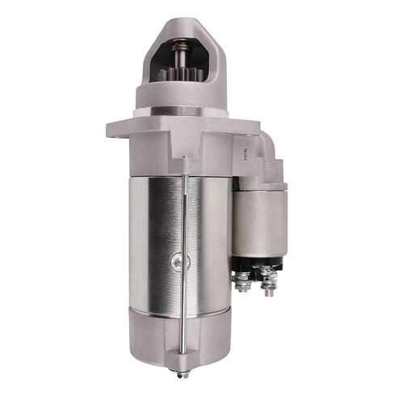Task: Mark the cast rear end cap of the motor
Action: (161, 335)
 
